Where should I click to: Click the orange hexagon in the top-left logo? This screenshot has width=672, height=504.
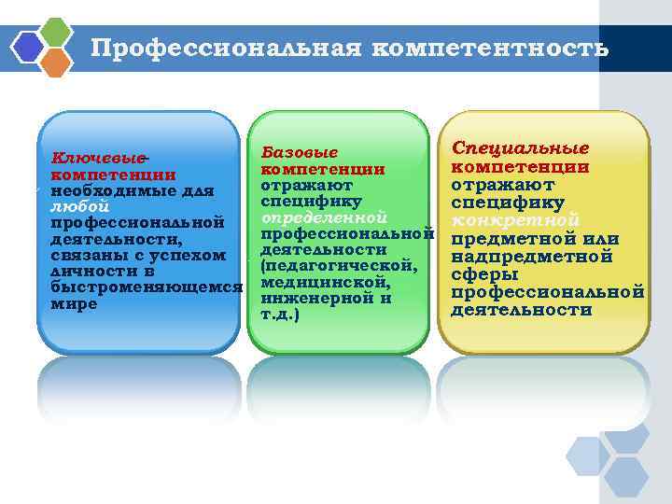[x=55, y=62]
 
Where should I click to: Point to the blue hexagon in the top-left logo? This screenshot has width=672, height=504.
[x=29, y=46]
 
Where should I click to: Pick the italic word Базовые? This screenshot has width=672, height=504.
[x=299, y=151]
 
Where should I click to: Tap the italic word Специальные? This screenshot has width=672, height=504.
[x=520, y=148]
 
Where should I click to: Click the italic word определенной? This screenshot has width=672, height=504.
[x=324, y=217]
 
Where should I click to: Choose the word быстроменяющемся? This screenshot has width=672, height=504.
[x=145, y=287]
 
